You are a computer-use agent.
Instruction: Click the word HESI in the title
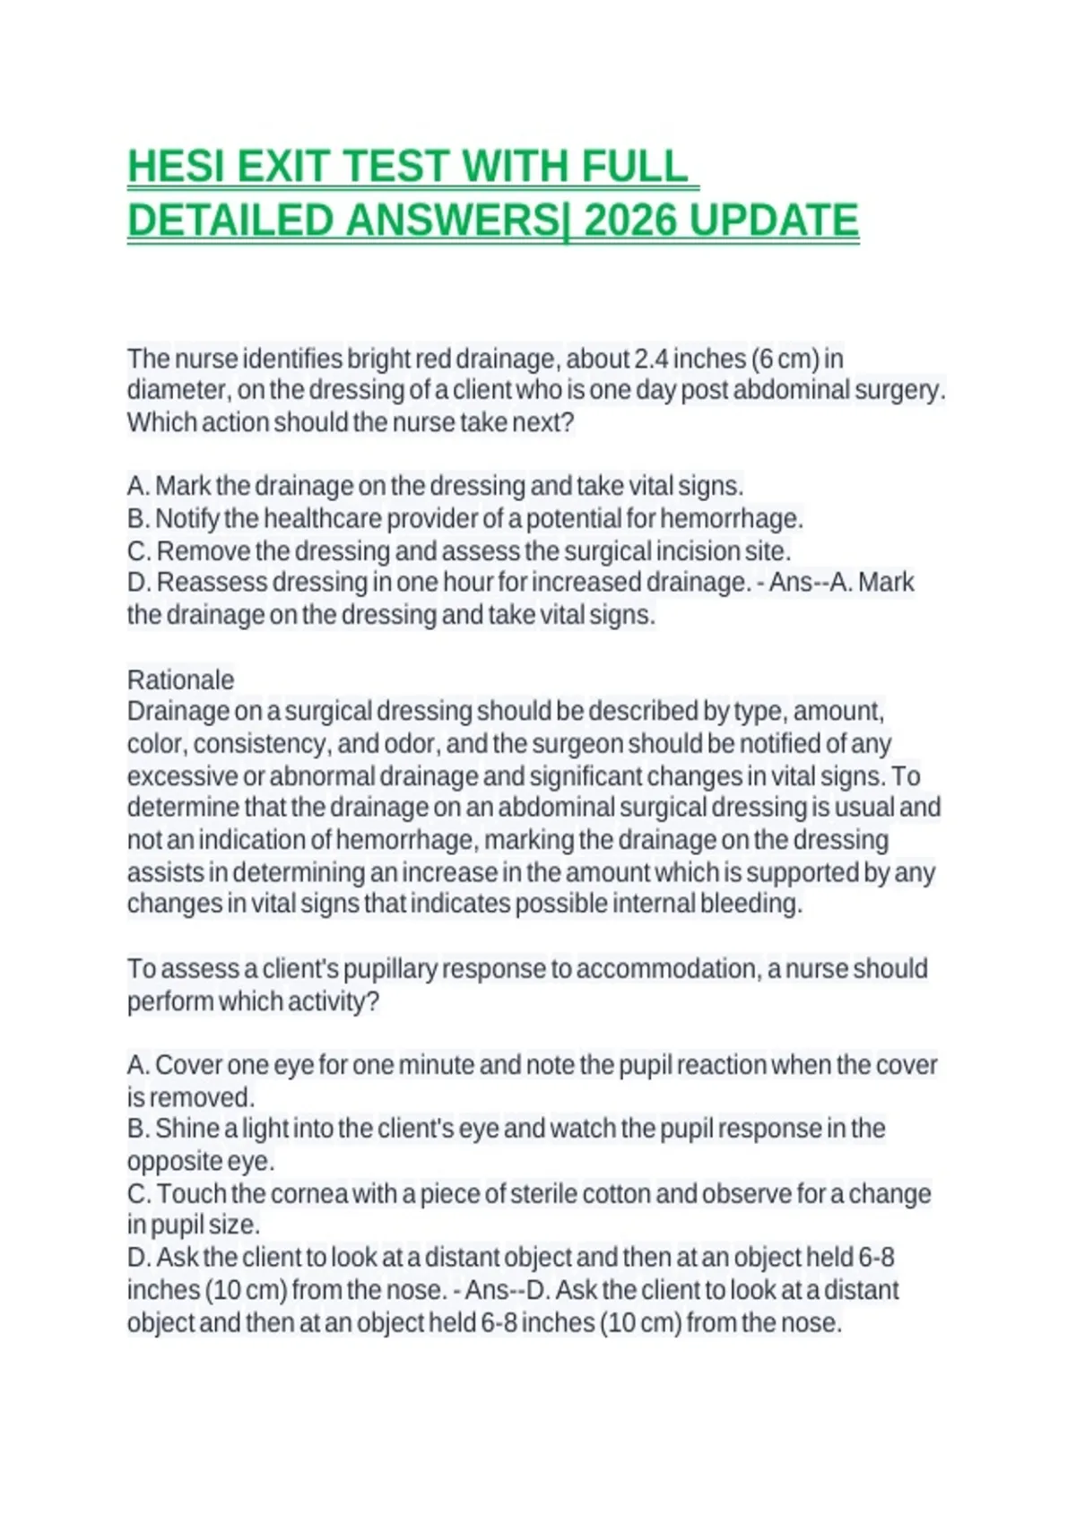click(176, 167)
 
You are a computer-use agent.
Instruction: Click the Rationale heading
click(180, 680)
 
